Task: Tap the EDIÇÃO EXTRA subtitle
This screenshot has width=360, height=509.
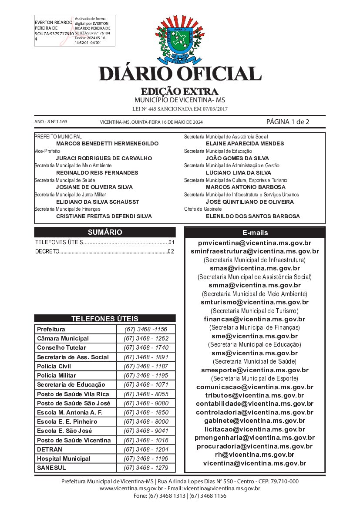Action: pyautogui.click(x=179, y=92)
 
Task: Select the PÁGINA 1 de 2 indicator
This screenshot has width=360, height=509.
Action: pyautogui.click(x=288, y=121)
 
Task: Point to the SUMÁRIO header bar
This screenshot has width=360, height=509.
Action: pyautogui.click(x=105, y=232)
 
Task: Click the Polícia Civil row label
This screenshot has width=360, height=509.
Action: pyautogui.click(x=54, y=366)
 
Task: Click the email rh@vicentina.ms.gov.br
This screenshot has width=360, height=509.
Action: pyautogui.click(x=255, y=455)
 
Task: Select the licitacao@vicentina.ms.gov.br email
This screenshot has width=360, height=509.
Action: pyautogui.click(x=255, y=429)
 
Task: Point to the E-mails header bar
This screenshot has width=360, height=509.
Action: pyautogui.click(x=255, y=233)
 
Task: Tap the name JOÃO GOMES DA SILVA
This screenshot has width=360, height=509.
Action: pyautogui.click(x=237, y=158)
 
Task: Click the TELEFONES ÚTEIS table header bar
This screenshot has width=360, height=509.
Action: pyautogui.click(x=105, y=318)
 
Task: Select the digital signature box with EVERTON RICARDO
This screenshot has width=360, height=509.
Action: pyautogui.click(x=74, y=31)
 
